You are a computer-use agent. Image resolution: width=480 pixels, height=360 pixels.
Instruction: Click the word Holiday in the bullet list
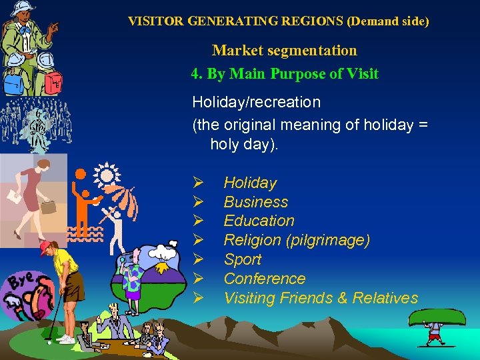(x=250, y=183)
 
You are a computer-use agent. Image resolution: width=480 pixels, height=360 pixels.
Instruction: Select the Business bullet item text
(x=256, y=202)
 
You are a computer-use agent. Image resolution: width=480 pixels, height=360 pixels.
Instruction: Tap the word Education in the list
(x=259, y=221)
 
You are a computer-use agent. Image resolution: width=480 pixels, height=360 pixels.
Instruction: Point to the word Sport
(x=243, y=259)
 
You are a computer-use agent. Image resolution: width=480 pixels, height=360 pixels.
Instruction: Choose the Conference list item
(x=264, y=279)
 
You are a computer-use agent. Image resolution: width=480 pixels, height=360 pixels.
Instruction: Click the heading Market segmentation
(x=284, y=51)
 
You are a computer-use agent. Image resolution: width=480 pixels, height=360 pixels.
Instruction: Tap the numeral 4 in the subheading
(x=195, y=74)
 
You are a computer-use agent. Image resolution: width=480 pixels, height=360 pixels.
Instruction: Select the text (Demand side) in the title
(x=388, y=21)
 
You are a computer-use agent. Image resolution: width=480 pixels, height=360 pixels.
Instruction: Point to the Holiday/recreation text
(x=256, y=103)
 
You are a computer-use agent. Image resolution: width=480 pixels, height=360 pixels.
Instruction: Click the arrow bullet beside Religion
(x=197, y=240)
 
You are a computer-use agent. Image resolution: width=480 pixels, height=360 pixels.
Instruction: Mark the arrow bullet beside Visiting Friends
(x=197, y=298)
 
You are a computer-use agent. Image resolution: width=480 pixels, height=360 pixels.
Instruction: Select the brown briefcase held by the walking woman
(x=48, y=207)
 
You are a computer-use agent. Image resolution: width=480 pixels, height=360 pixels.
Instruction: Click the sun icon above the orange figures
(x=105, y=174)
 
